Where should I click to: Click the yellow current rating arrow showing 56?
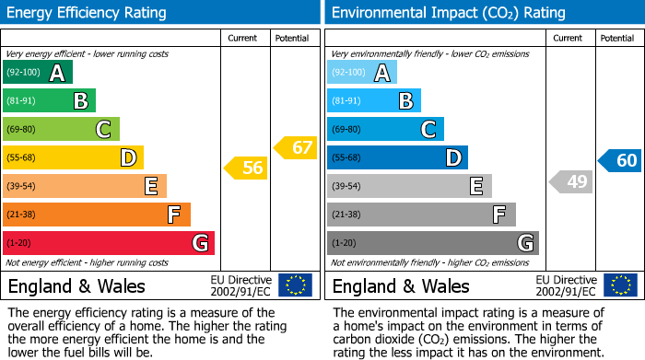[x=244, y=168]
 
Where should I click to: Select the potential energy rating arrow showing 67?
[x=295, y=147]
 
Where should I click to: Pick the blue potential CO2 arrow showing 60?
[x=619, y=161]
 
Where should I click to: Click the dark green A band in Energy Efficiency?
[x=38, y=73]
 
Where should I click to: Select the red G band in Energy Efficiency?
[x=109, y=243]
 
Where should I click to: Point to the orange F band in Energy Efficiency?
[x=97, y=215]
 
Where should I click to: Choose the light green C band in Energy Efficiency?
[x=62, y=130]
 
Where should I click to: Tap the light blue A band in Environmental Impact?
[x=362, y=73]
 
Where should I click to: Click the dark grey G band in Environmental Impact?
[x=433, y=243]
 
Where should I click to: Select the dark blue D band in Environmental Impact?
[x=397, y=158]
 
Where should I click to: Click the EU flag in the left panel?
[x=295, y=285]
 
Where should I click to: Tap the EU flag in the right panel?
[x=619, y=285]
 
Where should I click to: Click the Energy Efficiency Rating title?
[x=88, y=13]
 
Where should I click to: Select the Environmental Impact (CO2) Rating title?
[x=448, y=13]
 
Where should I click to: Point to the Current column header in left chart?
[x=244, y=38]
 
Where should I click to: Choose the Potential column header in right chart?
[x=617, y=38]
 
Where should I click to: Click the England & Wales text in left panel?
[x=76, y=286]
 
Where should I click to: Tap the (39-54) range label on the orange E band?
[x=21, y=187]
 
